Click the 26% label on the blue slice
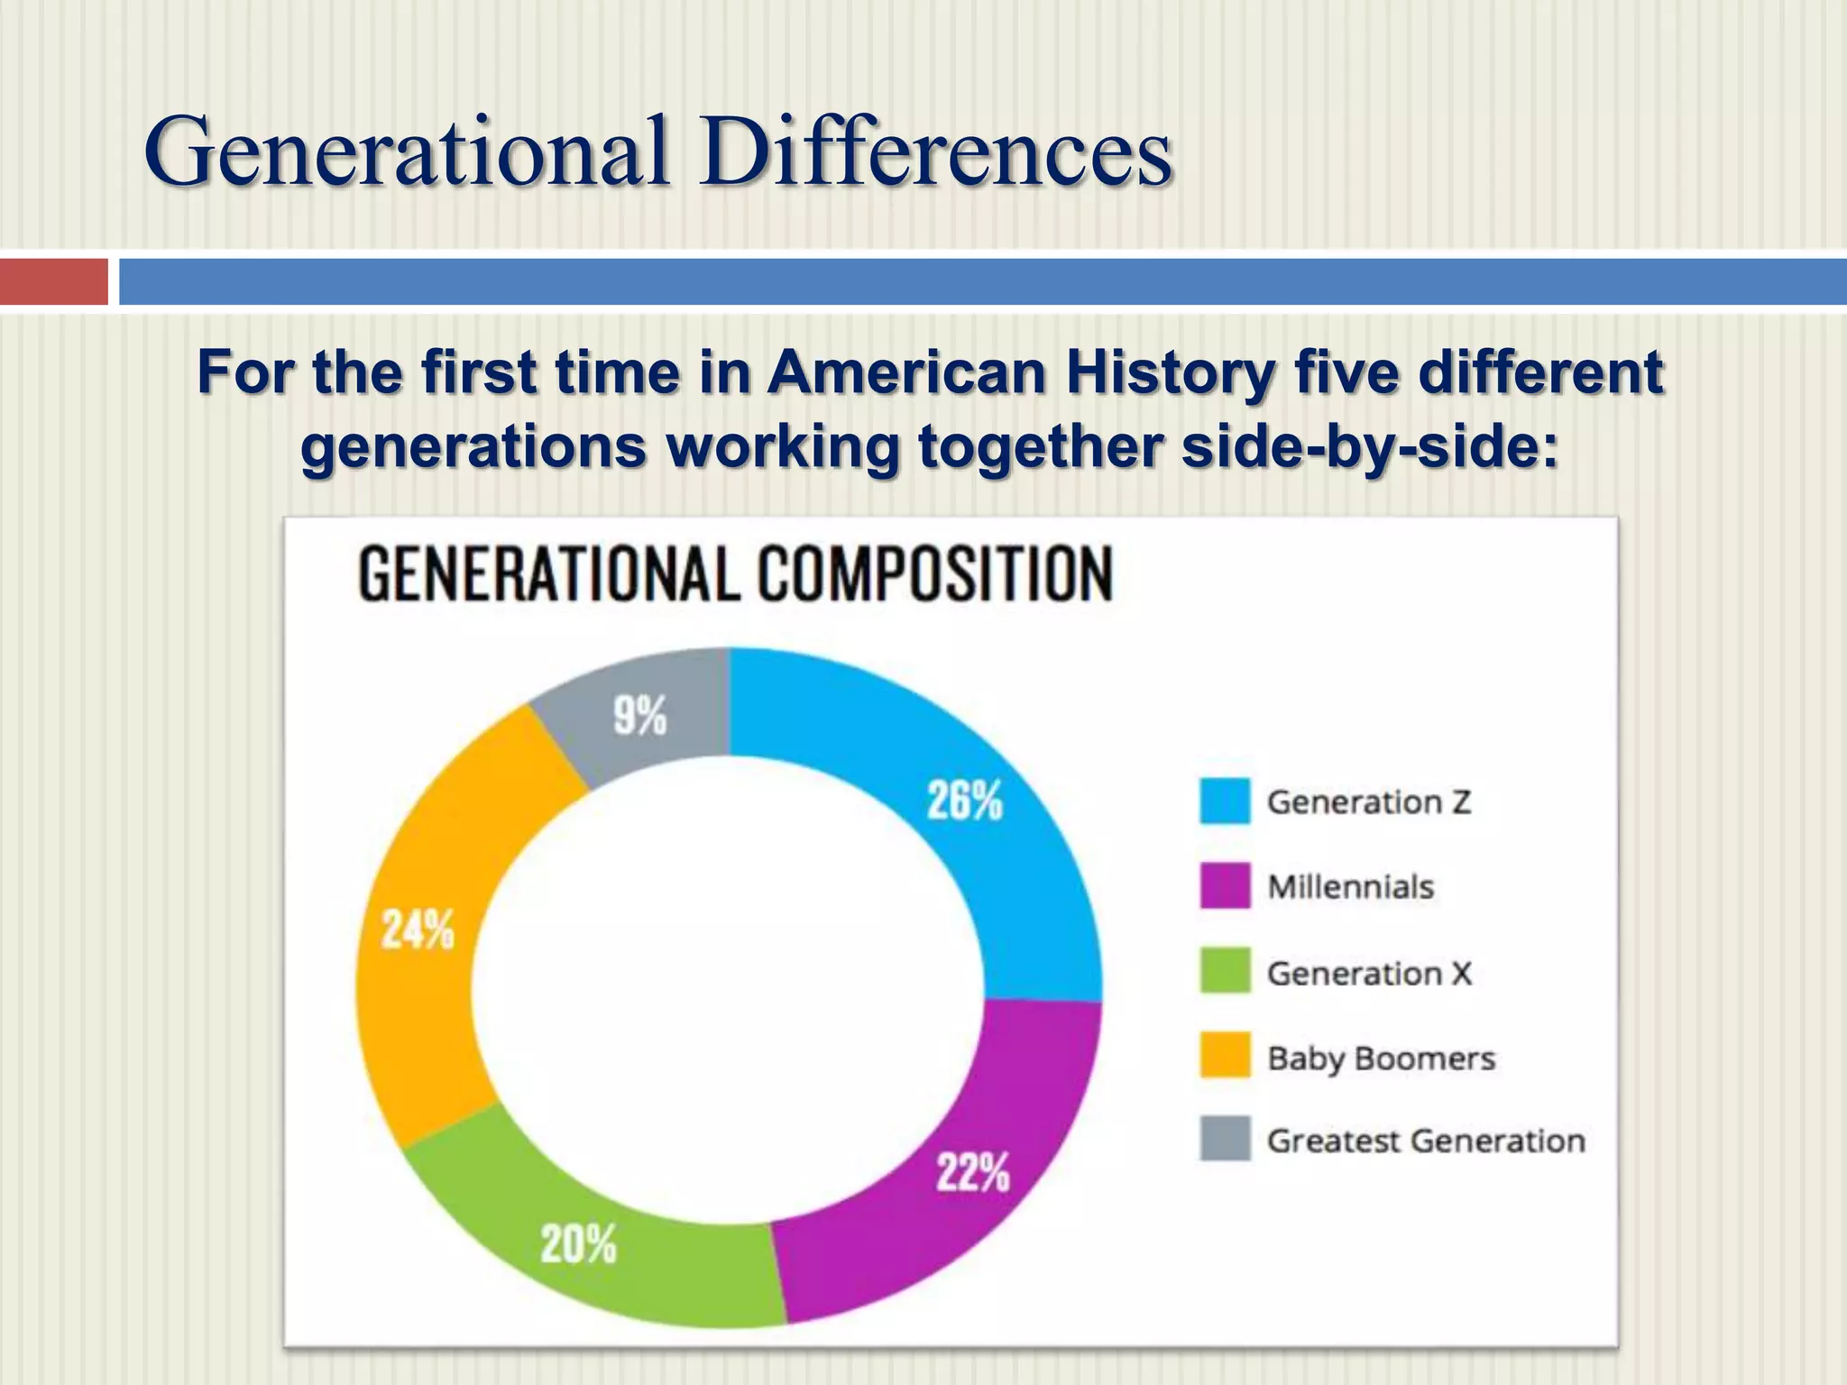pos(964,800)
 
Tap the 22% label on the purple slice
pos(972,1172)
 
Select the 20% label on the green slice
pos(578,1244)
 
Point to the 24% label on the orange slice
pos(418,929)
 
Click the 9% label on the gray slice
pos(639,716)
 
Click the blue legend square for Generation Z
pos(1225,801)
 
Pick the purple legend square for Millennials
pos(1225,885)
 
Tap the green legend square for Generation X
pos(1225,971)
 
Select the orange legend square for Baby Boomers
pos(1225,1056)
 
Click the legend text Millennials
pos(1350,887)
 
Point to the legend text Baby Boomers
pos(1381,1059)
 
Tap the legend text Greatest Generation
pos(1426,1142)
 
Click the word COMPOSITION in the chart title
pos(934,574)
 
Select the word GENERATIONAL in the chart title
pos(549,574)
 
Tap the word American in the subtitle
pos(906,372)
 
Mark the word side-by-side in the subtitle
pos(1370,446)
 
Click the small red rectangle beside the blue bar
pos(53,281)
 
